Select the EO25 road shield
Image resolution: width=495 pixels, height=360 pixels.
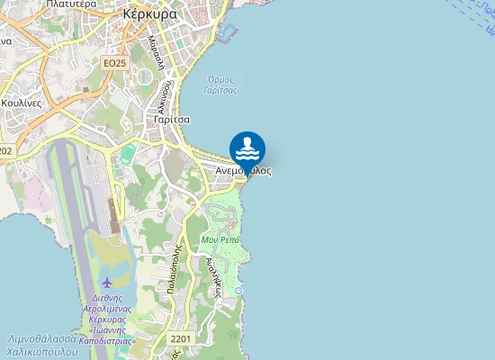113,63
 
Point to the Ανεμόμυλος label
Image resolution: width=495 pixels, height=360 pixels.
244,170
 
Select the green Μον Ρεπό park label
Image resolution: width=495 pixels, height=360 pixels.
220,240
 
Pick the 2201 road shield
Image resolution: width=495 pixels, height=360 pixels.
180,338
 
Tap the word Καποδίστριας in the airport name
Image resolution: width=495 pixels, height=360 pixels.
107,341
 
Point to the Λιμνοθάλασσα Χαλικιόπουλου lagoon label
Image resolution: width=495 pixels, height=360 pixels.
42,346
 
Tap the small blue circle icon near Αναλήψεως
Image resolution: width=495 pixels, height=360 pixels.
238,291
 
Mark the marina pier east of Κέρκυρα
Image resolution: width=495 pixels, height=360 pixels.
227,33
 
